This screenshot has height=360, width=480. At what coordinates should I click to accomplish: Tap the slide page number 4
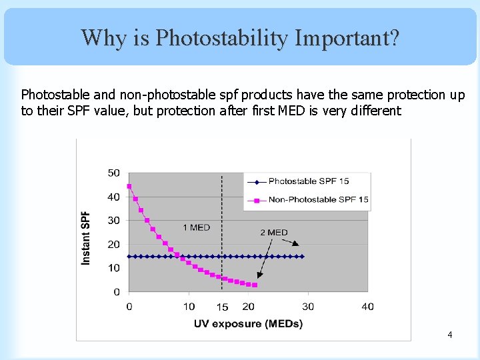point(450,334)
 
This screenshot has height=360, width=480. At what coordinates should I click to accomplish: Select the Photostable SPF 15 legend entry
point(308,181)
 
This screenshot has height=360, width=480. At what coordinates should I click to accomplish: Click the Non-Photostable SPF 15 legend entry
point(318,199)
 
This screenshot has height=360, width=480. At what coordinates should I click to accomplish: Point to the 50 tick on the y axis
point(114,173)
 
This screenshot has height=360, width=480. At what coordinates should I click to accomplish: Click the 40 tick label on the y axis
point(114,197)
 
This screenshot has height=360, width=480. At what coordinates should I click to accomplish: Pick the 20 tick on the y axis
point(114,244)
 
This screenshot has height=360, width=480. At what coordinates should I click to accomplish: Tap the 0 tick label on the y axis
point(117,291)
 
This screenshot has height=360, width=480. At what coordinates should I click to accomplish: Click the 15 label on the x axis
point(222,307)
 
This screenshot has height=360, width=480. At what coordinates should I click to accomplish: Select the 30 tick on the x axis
point(308,307)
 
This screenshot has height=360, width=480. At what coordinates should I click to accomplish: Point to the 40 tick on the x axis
point(367,307)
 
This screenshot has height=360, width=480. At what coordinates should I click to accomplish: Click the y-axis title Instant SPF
point(87,238)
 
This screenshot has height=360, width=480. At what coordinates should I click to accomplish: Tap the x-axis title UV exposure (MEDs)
point(248,324)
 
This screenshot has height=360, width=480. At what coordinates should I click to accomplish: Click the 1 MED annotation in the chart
point(197,228)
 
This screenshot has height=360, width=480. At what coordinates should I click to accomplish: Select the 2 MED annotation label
point(273,233)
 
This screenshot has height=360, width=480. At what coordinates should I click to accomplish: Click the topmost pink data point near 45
point(129,186)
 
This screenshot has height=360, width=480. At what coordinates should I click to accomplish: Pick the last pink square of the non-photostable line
point(255,285)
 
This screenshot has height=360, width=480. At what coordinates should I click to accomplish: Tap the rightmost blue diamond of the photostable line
point(302,256)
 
